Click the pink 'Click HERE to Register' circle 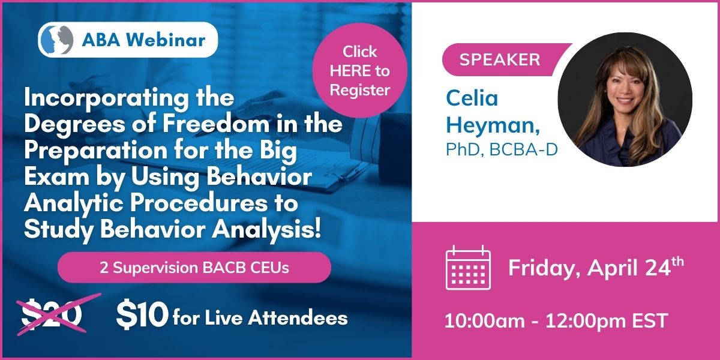pos(359,70)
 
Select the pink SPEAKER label pos(500,60)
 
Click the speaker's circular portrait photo pos(625,100)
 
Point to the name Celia pos(472,98)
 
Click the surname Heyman pos(493,125)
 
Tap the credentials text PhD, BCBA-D pos(502,149)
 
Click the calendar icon pos(469,267)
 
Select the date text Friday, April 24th pos(596,268)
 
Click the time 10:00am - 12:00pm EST pos(556,320)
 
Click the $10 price pos(142,314)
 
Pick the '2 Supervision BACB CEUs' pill pos(194,268)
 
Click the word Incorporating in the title pos(106,98)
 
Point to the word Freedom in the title pos(216,124)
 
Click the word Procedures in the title pos(199,203)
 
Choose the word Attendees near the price pos(298,318)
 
